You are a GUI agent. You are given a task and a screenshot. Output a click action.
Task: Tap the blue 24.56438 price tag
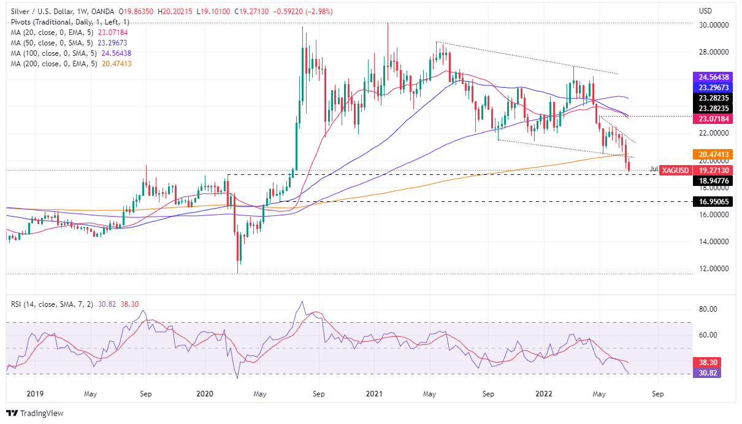713,77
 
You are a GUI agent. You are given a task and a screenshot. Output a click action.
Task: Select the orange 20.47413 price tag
713,154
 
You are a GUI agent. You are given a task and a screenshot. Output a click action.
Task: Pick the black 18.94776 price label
713,180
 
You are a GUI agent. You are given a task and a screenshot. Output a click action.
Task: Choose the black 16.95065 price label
713,201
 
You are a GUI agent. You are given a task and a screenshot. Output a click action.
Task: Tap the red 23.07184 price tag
713,118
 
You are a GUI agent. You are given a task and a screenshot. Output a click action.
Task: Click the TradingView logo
35,413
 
